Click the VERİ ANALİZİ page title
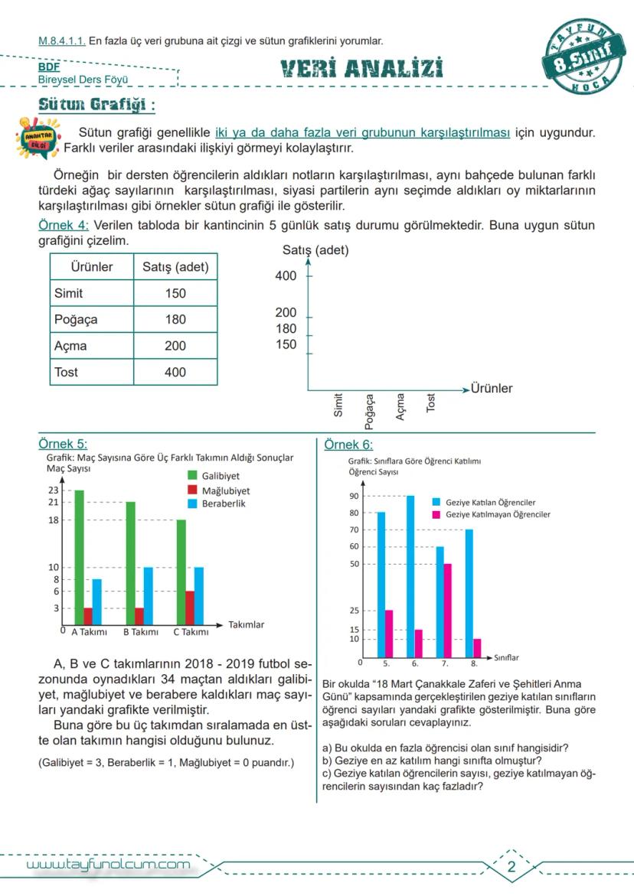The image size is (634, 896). tap(361, 70)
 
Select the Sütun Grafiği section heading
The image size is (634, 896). tap(97, 104)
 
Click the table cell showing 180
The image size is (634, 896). tap(175, 320)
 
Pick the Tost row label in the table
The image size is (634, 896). tap(67, 373)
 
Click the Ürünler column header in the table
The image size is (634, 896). tap(92, 267)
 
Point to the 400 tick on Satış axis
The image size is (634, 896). tap(286, 276)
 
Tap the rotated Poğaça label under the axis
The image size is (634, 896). tap(370, 410)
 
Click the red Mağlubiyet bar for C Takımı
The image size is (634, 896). tap(190, 608)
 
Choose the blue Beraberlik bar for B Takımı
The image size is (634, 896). tap(148, 596)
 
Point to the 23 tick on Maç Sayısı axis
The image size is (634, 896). tap(54, 490)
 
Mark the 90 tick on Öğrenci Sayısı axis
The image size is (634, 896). tap(354, 496)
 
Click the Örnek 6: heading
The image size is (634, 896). tap(348, 445)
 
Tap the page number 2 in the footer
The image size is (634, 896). tap(511, 867)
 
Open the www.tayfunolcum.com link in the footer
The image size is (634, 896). tap(108, 865)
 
